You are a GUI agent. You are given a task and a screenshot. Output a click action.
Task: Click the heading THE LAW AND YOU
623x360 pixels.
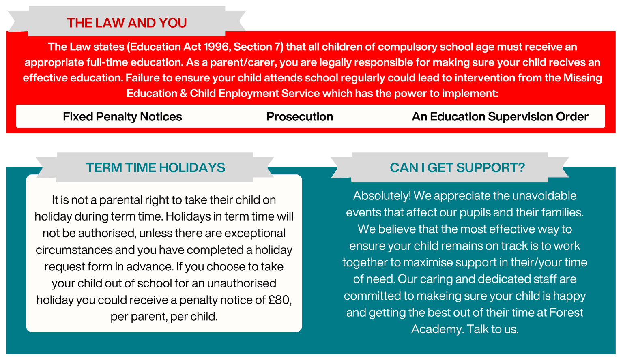pos(127,23)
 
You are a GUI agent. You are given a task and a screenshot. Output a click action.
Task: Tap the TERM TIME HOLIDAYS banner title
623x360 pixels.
pos(155,167)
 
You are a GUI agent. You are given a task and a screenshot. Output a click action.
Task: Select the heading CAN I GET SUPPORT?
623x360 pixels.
pos(457,167)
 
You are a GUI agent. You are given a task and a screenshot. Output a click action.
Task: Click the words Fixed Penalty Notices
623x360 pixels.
pos(122,117)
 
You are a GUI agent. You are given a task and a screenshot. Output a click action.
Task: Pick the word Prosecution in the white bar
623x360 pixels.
pos(300,117)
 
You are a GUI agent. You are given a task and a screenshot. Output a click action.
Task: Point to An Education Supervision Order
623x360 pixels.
pos(500,117)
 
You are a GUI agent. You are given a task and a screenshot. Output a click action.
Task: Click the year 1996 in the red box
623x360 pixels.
pos(216,47)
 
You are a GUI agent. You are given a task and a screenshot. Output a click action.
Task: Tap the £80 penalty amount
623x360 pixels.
pos(279,300)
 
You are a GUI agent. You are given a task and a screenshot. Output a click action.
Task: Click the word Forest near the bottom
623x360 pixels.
pos(566,313)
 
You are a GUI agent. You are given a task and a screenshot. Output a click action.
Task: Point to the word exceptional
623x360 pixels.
pos(255,234)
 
